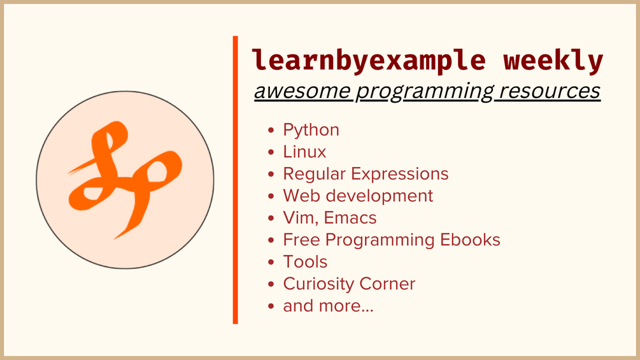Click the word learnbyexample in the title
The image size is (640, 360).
click(369, 61)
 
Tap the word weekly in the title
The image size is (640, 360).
click(553, 61)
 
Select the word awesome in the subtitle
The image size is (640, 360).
click(302, 90)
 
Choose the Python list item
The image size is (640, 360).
click(311, 131)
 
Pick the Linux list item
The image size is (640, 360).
click(304, 152)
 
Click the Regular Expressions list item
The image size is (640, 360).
click(366, 175)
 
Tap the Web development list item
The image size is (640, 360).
click(358, 196)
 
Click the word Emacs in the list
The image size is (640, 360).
click(350, 218)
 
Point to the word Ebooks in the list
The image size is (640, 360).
click(470, 240)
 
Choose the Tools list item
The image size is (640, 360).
click(305, 262)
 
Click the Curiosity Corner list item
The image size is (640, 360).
click(349, 284)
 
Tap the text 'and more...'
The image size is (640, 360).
click(328, 306)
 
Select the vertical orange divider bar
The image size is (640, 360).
click(235, 180)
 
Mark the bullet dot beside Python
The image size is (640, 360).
click(271, 130)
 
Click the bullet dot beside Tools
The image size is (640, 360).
click(271, 262)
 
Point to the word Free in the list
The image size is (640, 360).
click(301, 240)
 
